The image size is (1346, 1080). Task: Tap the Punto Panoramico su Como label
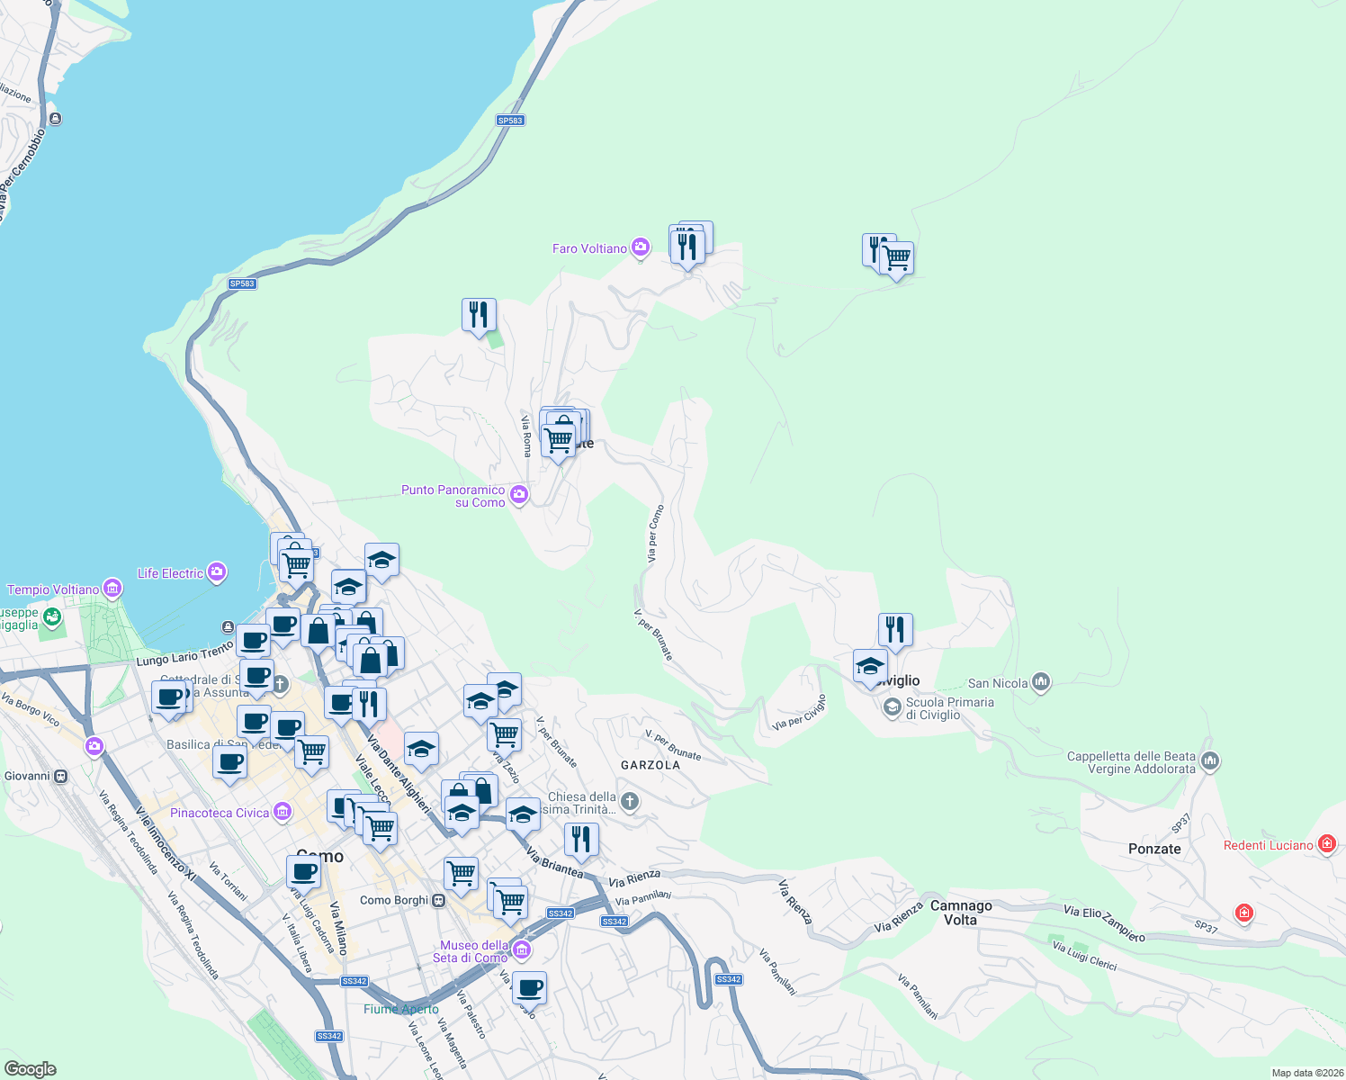(x=453, y=497)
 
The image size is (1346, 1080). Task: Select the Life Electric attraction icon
(x=216, y=572)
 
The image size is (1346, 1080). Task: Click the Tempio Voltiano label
(x=53, y=589)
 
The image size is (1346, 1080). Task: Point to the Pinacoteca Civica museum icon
(x=283, y=813)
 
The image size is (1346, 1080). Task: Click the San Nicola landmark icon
(x=1041, y=682)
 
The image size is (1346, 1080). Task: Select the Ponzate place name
(x=1154, y=849)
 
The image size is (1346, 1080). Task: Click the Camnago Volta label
(x=961, y=913)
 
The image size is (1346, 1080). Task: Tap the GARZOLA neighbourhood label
(x=651, y=765)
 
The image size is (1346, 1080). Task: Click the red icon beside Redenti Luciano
(x=1326, y=844)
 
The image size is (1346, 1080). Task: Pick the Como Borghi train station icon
(x=439, y=900)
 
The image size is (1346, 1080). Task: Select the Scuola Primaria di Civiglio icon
(x=892, y=707)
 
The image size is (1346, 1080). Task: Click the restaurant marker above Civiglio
(x=895, y=629)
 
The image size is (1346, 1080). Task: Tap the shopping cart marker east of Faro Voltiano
(x=896, y=258)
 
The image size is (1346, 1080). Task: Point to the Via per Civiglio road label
(x=799, y=712)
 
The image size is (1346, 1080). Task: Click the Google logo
(x=31, y=1068)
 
